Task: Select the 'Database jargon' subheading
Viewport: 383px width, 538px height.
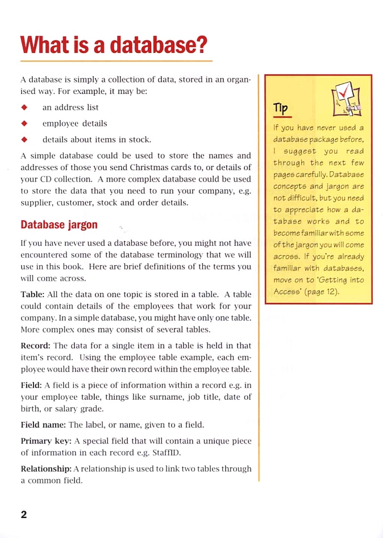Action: (x=59, y=224)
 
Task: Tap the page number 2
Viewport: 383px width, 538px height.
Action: (x=24, y=515)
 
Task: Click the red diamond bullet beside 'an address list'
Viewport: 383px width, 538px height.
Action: (x=24, y=107)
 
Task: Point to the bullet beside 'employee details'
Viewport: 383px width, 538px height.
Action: (x=24, y=123)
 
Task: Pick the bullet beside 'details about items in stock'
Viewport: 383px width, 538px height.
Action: (x=24, y=139)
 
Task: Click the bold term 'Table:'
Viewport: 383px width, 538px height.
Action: (x=32, y=294)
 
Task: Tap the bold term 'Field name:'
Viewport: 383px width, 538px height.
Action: (x=43, y=425)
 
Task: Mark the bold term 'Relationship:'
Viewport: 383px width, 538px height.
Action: (x=46, y=469)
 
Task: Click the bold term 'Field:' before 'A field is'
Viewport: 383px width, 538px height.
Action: (x=31, y=385)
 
